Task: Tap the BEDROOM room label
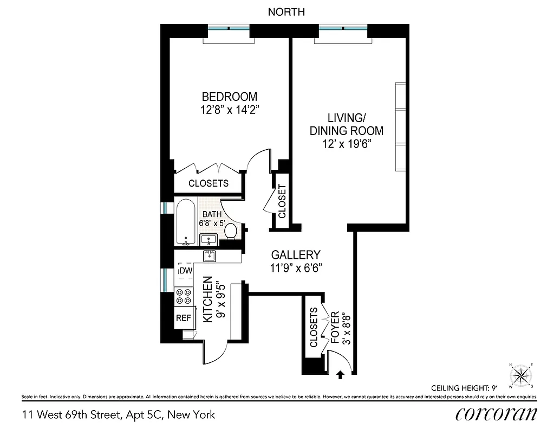click(229, 97)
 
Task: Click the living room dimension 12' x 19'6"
click(347, 144)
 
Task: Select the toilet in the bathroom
click(231, 231)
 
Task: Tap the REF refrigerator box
click(183, 318)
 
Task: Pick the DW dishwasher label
click(186, 271)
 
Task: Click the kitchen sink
click(210, 256)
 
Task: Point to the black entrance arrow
click(340, 374)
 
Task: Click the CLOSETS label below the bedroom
click(208, 183)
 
